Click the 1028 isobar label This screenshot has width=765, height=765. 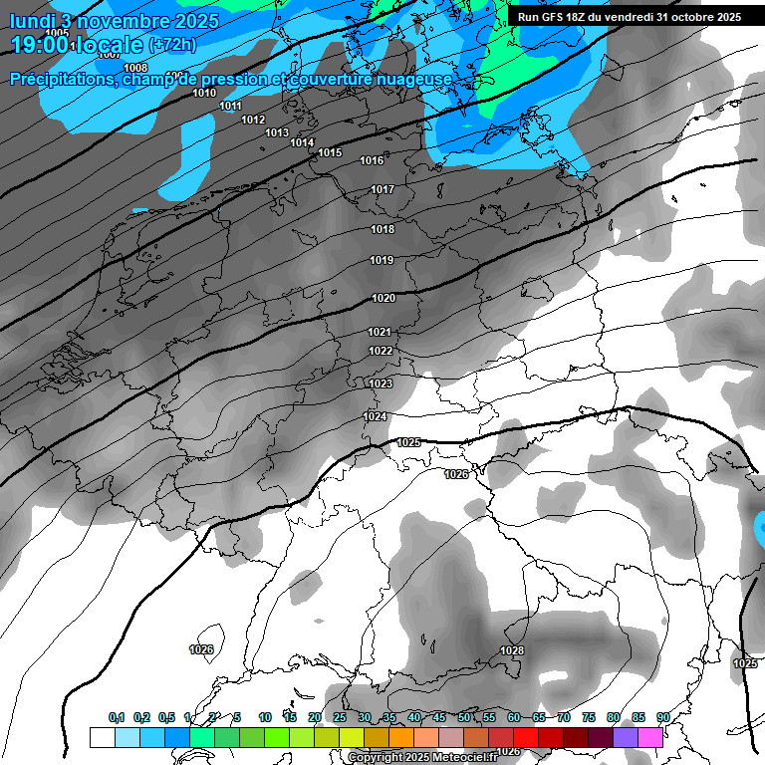[x=512, y=650]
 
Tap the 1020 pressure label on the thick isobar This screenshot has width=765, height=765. [x=383, y=298]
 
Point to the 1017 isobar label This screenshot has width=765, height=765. [x=382, y=189]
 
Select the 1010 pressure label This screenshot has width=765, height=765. [x=204, y=93]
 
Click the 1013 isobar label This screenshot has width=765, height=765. [x=277, y=132]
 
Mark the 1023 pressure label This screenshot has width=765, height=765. [x=381, y=383]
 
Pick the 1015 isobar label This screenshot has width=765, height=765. [x=330, y=152]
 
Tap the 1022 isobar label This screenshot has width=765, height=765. [x=381, y=351]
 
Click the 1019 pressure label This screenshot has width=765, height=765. [x=382, y=260]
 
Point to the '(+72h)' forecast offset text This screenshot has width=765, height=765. [x=173, y=45]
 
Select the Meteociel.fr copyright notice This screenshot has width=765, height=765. [x=421, y=758]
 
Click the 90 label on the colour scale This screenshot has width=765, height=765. [x=662, y=717]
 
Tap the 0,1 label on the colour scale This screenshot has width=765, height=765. [x=117, y=717]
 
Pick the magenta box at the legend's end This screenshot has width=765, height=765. [x=650, y=737]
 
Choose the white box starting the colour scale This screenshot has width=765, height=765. [x=102, y=737]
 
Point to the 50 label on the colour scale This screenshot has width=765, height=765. [x=464, y=717]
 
